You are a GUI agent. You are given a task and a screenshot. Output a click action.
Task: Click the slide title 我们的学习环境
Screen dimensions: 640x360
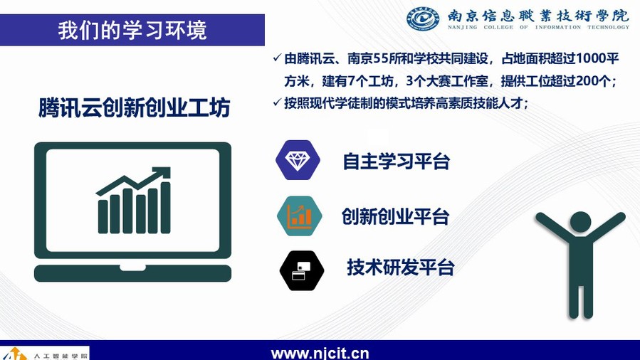pos(132,31)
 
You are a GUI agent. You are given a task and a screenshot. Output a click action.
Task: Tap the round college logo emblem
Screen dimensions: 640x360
pos(424,18)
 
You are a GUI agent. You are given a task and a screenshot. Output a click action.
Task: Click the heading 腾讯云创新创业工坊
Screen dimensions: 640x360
pos(135,107)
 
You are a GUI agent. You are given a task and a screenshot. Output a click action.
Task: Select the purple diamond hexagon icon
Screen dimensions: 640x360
pos(298,160)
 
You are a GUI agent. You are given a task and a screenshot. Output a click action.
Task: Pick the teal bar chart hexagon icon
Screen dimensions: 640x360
pos(299,216)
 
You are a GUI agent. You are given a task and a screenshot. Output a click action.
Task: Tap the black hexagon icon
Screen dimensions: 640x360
pos(302,270)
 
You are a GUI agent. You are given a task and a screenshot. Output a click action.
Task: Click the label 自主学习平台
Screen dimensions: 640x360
pos(397,161)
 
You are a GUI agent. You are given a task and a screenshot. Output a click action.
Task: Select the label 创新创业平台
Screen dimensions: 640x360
pos(396,216)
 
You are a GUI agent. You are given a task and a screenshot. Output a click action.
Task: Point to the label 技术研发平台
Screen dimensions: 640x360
pos(401,268)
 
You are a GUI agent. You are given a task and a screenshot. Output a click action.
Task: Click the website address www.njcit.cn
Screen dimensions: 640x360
pos(320,353)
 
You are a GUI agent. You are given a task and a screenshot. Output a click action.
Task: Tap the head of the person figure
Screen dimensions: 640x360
pos(580,222)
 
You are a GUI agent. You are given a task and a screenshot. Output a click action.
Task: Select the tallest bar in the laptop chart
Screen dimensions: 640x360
pos(165,208)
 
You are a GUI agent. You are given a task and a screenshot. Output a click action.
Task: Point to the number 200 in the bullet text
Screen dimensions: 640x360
pos(588,80)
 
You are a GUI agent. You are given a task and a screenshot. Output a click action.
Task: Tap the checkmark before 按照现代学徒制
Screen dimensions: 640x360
pos(277,102)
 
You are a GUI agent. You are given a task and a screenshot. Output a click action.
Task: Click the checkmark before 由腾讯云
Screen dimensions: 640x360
pos(277,58)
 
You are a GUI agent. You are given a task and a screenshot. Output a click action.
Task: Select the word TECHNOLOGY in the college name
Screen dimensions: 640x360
pos(608,27)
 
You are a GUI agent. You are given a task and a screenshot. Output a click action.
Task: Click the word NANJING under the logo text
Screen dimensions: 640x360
pos(463,27)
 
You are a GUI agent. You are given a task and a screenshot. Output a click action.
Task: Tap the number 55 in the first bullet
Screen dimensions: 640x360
pos(380,59)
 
